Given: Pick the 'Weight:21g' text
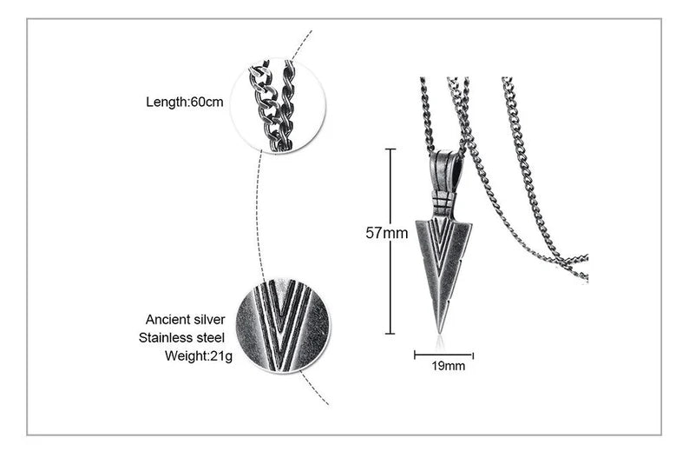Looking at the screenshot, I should coord(195,355).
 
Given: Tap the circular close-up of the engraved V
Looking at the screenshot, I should coord(283,325).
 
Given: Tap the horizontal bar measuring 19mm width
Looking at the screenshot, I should coord(443,355).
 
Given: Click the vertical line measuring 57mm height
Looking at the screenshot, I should coord(390,261).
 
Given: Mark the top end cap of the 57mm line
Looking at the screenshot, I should coord(390,149).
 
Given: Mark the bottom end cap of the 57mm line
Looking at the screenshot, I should coord(390,334).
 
